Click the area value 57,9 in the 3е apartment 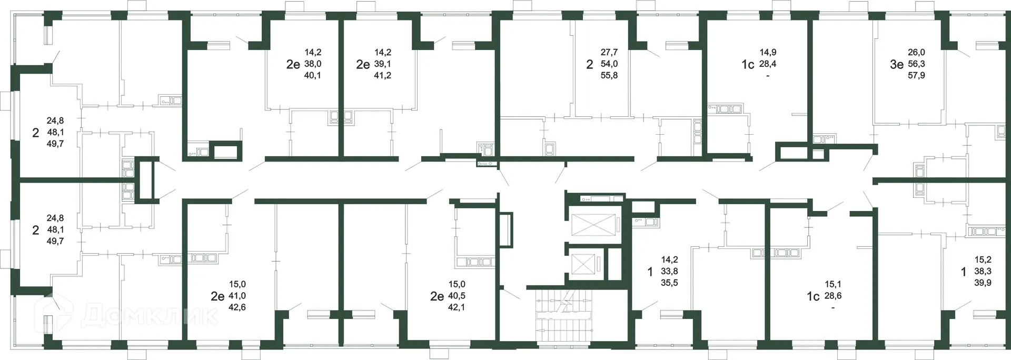916,75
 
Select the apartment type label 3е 897,64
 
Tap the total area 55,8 609,75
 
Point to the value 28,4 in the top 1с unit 768,64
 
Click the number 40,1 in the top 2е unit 313,75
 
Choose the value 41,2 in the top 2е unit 382,75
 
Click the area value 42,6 237,307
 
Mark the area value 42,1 457,307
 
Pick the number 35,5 669,283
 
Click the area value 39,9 983,283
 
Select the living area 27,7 609,52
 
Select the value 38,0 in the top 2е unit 313,64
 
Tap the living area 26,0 916,52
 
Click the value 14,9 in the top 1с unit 768,52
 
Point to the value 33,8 669,271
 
